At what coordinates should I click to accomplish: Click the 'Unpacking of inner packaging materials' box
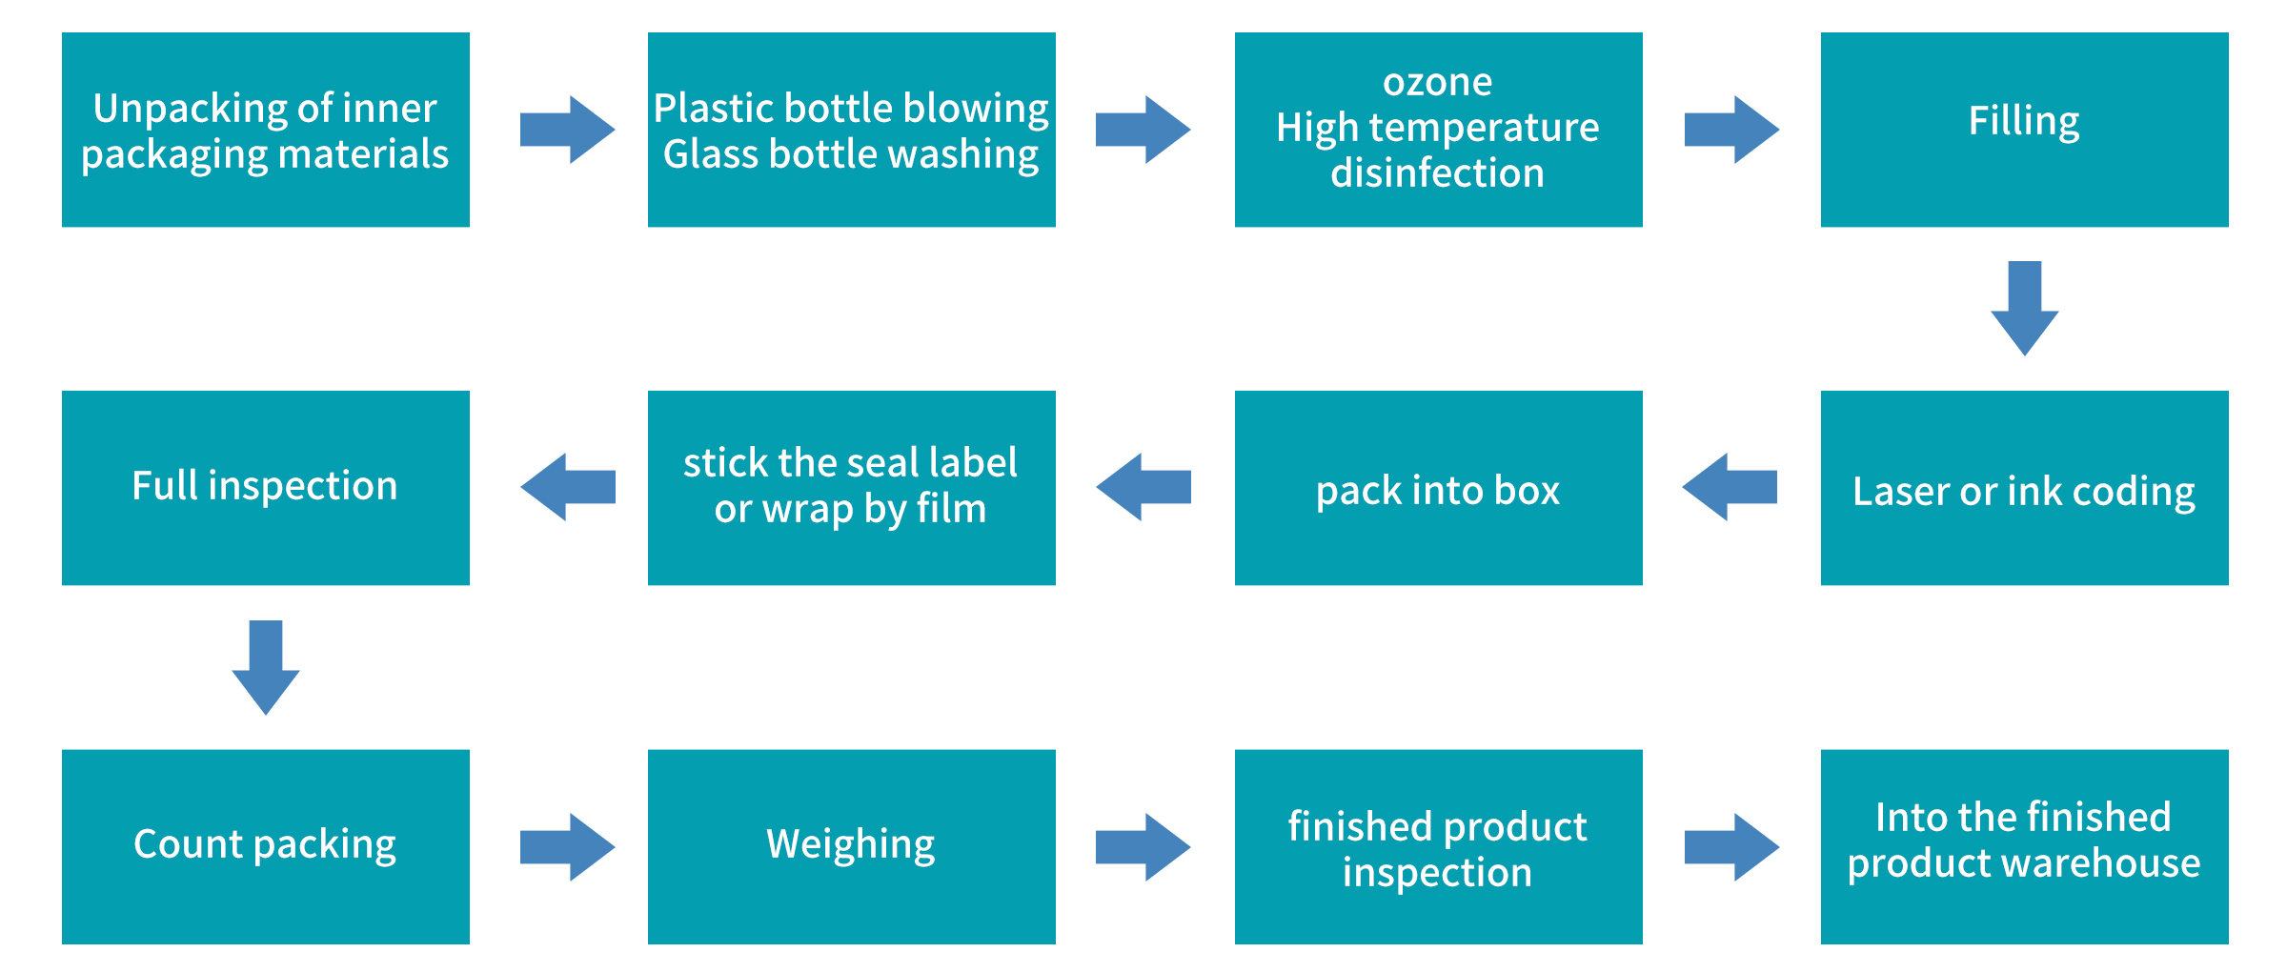pyautogui.click(x=265, y=130)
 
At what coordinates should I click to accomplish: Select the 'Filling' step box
pyautogui.click(x=2024, y=130)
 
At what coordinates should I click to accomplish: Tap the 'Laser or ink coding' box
pyautogui.click(x=2024, y=488)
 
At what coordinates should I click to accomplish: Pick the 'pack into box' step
pyautogui.click(x=1438, y=488)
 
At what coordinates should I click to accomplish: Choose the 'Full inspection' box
pyautogui.click(x=265, y=488)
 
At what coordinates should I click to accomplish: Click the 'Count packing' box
pyautogui.click(x=265, y=846)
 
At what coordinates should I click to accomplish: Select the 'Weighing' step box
pyautogui.click(x=851, y=846)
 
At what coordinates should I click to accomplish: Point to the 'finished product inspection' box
pyautogui.click(x=1438, y=846)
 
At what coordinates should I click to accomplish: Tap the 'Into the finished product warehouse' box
pyautogui.click(x=2024, y=846)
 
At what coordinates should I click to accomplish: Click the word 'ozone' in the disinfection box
pyautogui.click(x=1437, y=83)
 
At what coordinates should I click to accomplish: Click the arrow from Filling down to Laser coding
pyautogui.click(x=2024, y=307)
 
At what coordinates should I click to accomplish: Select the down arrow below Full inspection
pyautogui.click(x=266, y=666)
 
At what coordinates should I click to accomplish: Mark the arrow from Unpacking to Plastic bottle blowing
pyautogui.click(x=567, y=130)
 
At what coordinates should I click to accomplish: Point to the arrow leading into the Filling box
pyautogui.click(x=1731, y=130)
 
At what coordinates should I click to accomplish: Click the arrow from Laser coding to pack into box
pyautogui.click(x=1730, y=487)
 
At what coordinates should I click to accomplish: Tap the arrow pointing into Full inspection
pyautogui.click(x=568, y=487)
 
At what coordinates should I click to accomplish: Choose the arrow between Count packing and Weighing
pyautogui.click(x=567, y=846)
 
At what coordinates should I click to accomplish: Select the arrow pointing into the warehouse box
pyautogui.click(x=1731, y=846)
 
